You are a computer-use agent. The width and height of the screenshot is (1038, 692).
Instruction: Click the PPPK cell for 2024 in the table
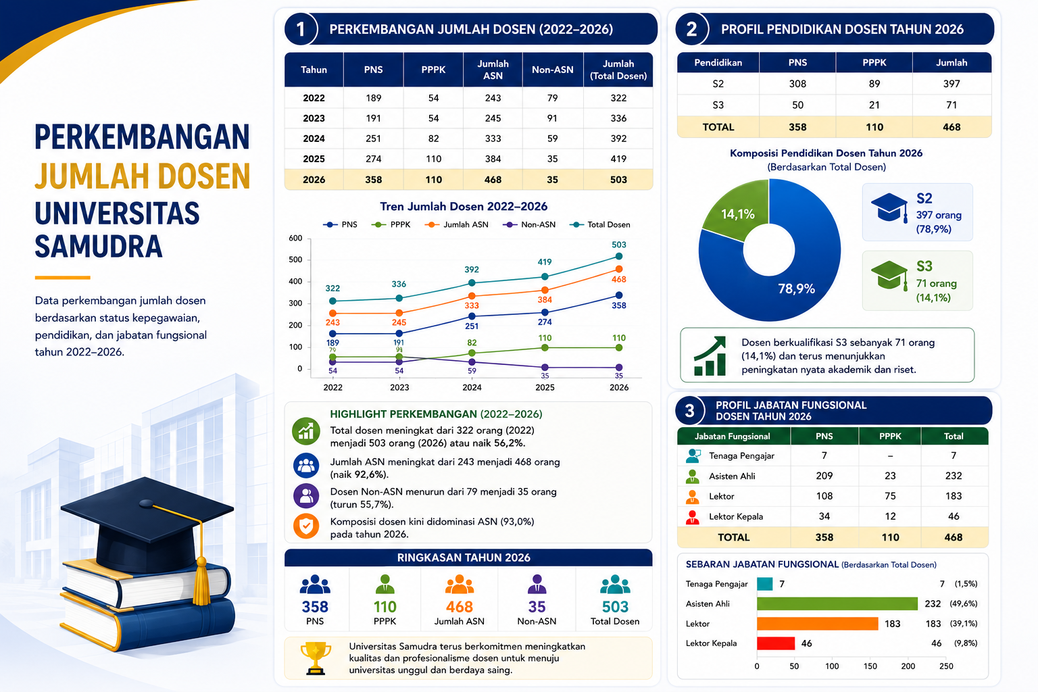click(x=433, y=139)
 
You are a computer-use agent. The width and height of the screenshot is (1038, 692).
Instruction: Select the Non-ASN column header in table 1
click(x=552, y=70)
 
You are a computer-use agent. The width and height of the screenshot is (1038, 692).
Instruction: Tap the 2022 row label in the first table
click(x=314, y=98)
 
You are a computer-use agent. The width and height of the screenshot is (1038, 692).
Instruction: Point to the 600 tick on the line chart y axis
click(x=295, y=239)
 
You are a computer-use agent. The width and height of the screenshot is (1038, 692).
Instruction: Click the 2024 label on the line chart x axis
click(x=472, y=387)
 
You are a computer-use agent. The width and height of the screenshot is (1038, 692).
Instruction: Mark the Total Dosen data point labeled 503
click(x=619, y=256)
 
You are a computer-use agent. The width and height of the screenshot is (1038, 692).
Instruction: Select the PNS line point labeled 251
click(x=472, y=316)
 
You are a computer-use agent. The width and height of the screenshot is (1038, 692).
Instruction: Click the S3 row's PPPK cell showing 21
click(x=874, y=105)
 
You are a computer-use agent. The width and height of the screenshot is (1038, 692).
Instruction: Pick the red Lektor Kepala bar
click(x=776, y=643)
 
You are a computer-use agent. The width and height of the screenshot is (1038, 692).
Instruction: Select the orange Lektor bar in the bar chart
click(x=818, y=623)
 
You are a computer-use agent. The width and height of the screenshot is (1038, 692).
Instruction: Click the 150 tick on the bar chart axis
click(x=870, y=666)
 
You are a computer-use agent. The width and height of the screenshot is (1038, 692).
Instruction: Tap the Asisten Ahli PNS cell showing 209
click(x=824, y=476)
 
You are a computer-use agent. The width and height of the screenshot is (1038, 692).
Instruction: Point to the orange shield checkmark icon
click(x=306, y=526)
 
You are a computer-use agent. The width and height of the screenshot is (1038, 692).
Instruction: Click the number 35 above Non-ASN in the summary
click(x=537, y=607)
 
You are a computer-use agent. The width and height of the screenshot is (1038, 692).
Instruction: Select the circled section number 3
click(x=690, y=411)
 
